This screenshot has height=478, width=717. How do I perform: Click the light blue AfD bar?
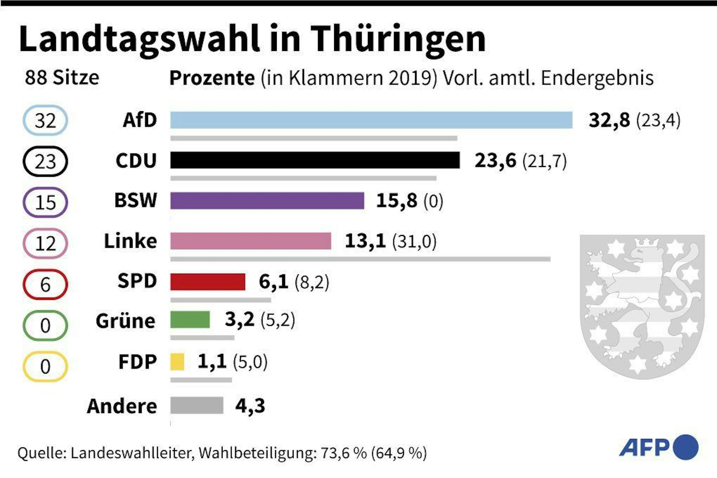[x=371, y=120]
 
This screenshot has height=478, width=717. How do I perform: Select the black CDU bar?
[x=315, y=160]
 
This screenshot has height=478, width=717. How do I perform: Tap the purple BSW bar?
[x=267, y=200]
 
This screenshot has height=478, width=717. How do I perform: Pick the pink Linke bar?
[x=251, y=241]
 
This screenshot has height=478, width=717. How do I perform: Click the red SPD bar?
[x=208, y=281]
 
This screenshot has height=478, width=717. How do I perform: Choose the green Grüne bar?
[x=190, y=320]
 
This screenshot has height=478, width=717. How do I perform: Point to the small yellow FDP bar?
[x=177, y=361]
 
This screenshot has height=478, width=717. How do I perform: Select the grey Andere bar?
[x=196, y=406]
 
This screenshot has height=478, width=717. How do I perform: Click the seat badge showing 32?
[x=45, y=120]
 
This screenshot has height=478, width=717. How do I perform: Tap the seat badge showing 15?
[x=45, y=202]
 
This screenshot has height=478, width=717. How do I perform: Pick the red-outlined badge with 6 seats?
[x=45, y=284]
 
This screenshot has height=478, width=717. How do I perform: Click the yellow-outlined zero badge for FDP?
[x=45, y=366]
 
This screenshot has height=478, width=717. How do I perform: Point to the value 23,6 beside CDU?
[x=495, y=160]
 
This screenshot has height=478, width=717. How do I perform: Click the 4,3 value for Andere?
[x=250, y=406]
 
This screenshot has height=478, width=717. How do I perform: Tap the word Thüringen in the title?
[x=398, y=39]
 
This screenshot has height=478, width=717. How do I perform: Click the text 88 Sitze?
[x=62, y=77]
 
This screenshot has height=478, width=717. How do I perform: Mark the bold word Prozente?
[x=212, y=78]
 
